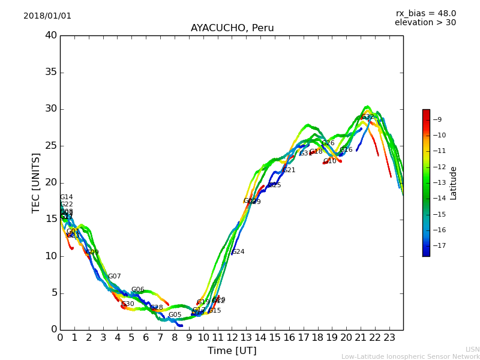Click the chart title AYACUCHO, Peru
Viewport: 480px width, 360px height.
pos(232,28)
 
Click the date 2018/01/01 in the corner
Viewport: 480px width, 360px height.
pos(47,16)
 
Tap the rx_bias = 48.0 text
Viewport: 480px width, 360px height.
pos(425,13)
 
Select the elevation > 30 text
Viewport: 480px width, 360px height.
pos(425,23)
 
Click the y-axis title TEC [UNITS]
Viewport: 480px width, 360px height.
pos(36,182)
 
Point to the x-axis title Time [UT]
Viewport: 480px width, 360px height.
pos(232,350)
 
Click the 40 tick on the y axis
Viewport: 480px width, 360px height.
pos(51,35)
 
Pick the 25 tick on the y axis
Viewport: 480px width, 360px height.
pos(51,146)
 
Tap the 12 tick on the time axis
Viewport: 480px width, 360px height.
pos(232,337)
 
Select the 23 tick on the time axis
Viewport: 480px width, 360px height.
pos(389,337)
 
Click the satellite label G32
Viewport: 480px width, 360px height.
pos(367,117)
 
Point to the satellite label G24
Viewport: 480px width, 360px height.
pos(238,252)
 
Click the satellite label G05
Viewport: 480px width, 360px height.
pos(175,315)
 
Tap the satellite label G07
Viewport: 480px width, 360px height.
pos(115,277)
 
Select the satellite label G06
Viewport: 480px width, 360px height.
pos(137,290)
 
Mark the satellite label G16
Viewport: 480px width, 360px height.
pos(346,150)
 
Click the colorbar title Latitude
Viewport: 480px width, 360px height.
pos(454,183)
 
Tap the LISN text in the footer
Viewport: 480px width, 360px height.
pos(472,349)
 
